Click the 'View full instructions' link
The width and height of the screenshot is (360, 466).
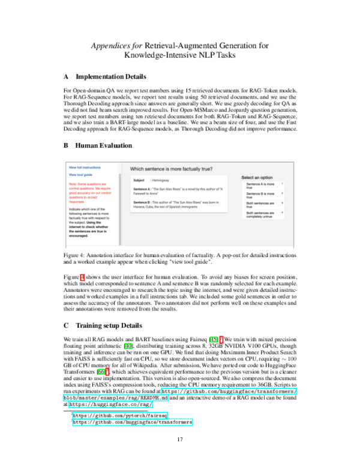(x=84, y=167)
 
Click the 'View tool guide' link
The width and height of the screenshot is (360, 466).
(x=80, y=175)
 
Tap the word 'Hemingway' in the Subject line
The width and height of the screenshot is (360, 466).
(x=160, y=180)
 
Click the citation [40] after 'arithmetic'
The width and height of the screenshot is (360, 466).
(x=145, y=346)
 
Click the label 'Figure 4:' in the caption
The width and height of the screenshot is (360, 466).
(x=76, y=256)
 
